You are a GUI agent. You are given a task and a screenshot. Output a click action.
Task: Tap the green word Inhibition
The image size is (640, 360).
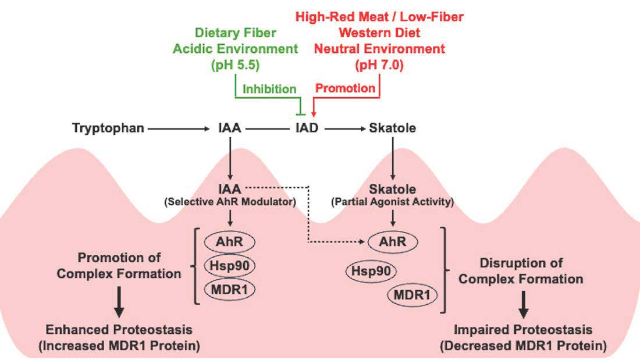(269, 89)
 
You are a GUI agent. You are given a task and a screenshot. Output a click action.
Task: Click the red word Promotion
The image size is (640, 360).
(345, 88)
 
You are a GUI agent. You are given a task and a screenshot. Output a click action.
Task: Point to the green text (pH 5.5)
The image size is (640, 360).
(239, 65)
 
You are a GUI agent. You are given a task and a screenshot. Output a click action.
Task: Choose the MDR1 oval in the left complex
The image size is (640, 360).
(232, 288)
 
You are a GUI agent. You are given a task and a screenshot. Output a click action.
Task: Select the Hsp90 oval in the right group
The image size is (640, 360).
(371, 270)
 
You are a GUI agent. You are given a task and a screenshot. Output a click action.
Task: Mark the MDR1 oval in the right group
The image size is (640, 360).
(412, 295)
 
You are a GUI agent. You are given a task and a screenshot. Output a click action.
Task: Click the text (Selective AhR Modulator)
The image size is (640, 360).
(231, 202)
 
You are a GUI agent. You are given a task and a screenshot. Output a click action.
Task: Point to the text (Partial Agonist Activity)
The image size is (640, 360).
(393, 202)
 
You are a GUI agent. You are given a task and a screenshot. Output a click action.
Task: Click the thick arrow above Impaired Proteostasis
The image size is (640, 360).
(523, 301)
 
